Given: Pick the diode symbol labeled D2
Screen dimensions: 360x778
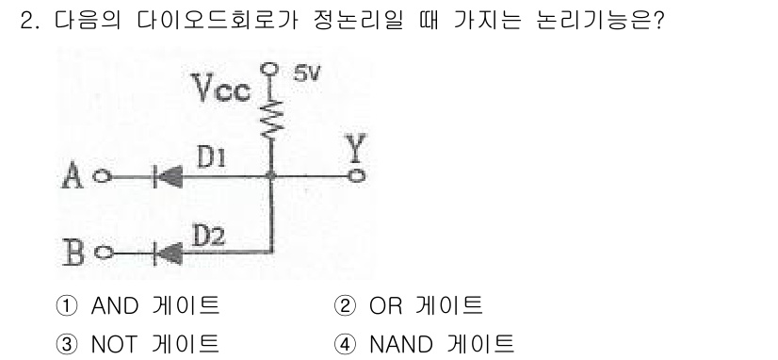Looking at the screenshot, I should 168,252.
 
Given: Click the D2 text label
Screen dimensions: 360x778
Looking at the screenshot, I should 209,234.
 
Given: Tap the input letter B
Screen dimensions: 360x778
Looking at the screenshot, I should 74,252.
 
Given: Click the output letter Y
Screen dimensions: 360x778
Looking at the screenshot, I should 355,150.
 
